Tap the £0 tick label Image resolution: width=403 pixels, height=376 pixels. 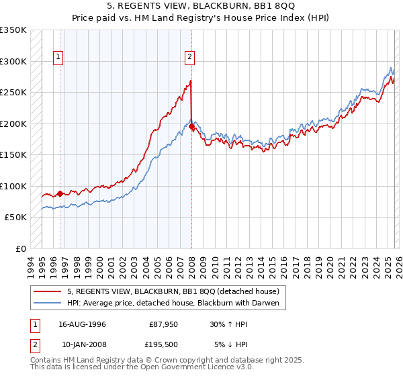(20, 248)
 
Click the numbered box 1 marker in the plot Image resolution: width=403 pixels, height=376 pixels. (59, 58)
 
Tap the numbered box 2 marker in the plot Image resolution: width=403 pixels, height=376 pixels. (190, 58)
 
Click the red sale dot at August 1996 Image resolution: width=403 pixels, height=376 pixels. (60, 193)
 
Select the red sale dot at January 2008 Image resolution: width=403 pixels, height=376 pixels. (191, 126)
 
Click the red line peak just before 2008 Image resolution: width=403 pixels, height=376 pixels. (191, 81)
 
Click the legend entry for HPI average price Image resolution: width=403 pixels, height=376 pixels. (177, 303)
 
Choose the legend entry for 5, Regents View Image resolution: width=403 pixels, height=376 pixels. (177, 291)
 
